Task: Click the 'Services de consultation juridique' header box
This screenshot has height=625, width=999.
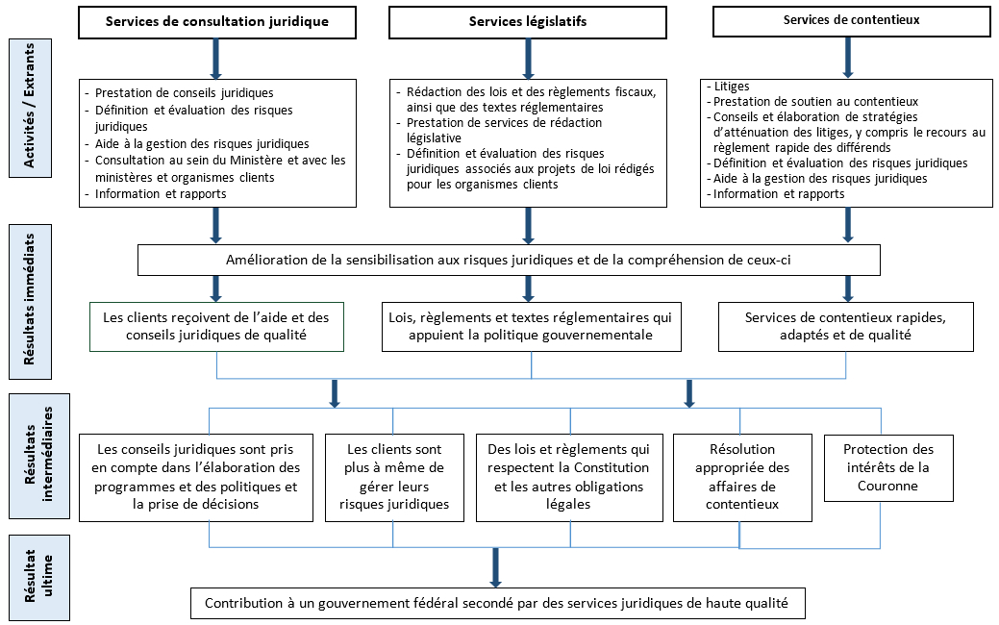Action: pos(217,22)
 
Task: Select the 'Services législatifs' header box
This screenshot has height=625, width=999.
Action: pos(528,22)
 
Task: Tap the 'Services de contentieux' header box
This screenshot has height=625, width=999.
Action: pos(851,21)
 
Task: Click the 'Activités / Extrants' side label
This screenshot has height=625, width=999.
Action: pos(30,108)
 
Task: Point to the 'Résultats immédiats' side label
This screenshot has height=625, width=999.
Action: pos(30,301)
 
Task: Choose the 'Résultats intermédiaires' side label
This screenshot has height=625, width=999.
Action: pos(38,456)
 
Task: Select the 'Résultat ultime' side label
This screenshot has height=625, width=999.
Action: pos(38,577)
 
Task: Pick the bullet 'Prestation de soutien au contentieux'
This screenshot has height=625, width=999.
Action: pos(812,101)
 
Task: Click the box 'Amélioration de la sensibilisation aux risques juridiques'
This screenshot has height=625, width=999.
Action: pos(509,260)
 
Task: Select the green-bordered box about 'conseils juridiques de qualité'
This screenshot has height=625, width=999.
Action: pos(216,327)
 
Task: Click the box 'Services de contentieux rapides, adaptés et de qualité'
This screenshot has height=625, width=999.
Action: pos(846,327)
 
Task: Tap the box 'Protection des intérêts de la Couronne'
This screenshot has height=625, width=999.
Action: pos(888,468)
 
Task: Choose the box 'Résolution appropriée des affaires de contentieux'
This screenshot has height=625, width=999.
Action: pos(742,478)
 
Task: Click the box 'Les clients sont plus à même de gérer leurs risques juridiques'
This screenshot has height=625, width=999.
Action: pos(394,478)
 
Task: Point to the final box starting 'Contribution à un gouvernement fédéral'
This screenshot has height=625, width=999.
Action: pos(498,603)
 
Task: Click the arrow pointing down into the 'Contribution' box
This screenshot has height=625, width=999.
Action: pos(495,567)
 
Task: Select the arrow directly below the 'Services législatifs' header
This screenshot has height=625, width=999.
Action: pos(528,59)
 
